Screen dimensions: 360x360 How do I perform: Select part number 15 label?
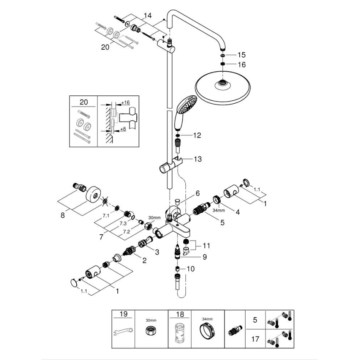tap(241, 55)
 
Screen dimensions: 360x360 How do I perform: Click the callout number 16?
tap(241, 65)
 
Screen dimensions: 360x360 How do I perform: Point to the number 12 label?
tap(196, 135)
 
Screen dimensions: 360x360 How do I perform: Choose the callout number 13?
tap(196, 158)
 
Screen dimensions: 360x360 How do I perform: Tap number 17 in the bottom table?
tap(256, 339)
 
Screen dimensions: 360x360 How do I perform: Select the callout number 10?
tap(190, 269)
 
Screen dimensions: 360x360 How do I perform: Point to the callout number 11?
tap(206, 246)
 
